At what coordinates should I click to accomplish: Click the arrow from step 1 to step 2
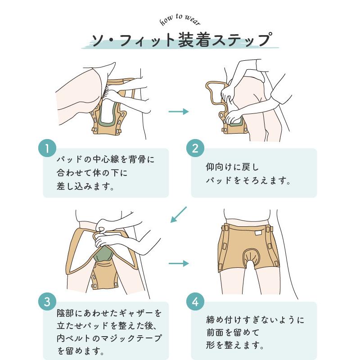coord(179,112)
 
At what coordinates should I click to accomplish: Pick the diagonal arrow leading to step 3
coord(179,215)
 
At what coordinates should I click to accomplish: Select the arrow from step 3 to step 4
coord(179,263)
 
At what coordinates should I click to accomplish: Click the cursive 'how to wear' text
coord(180,20)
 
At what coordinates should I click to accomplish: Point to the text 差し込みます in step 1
coord(84,186)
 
